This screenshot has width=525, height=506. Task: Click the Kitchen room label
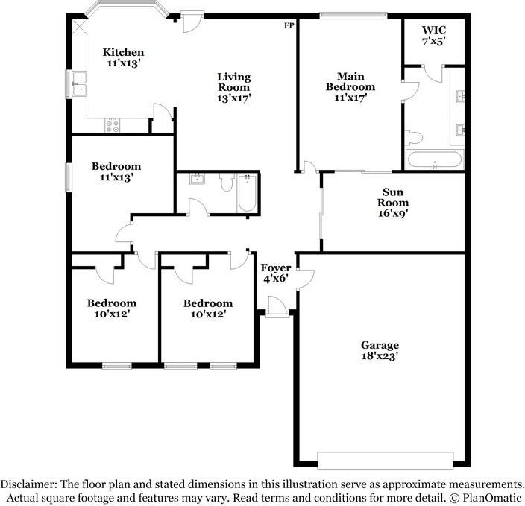[123, 52]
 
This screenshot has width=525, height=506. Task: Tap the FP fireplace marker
[289, 25]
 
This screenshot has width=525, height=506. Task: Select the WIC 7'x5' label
[434, 35]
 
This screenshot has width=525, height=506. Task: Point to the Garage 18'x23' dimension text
[380, 355]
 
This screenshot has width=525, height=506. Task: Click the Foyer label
[276, 268]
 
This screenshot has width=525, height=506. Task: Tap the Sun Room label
[393, 197]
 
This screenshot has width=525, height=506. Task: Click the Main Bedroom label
[350, 82]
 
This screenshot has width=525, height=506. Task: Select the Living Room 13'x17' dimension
[234, 98]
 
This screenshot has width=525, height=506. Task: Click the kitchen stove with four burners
[112, 126]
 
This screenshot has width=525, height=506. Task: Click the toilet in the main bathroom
[414, 138]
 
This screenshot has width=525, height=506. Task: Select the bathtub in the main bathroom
[435, 159]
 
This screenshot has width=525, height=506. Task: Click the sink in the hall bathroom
[198, 179]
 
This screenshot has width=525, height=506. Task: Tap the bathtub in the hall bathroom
[248, 193]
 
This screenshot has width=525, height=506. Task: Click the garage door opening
[386, 461]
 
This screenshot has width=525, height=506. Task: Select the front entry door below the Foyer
[277, 306]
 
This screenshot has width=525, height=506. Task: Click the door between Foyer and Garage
[305, 279]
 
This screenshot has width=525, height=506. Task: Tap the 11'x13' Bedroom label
[116, 171]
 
